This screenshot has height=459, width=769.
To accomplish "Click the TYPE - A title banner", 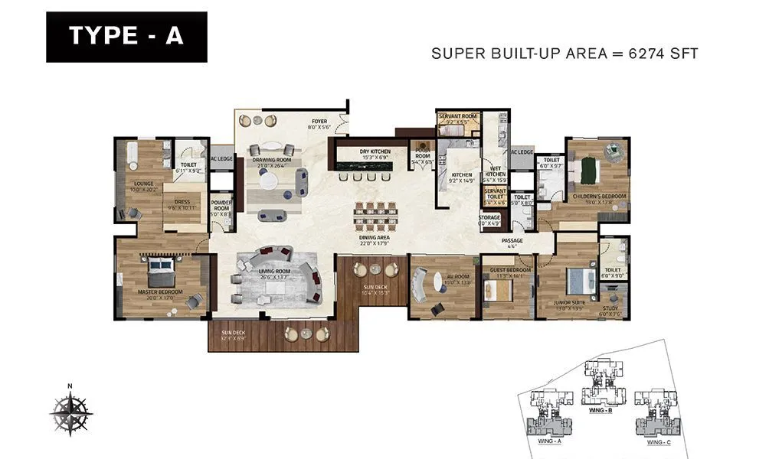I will pos(126,37).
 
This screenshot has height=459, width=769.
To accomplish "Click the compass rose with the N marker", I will pos(70,411).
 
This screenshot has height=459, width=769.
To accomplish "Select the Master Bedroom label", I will pos(159,291).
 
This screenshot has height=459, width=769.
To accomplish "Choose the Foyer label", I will pos(318,119).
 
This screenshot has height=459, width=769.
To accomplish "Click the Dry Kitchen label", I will pos(375,151).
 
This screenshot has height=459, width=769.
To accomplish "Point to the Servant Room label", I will pos(457,116).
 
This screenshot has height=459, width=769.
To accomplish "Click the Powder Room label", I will pos(221,207).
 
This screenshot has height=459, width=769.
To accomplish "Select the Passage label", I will pos(512,241).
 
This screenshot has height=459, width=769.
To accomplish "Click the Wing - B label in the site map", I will pos(600,411).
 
